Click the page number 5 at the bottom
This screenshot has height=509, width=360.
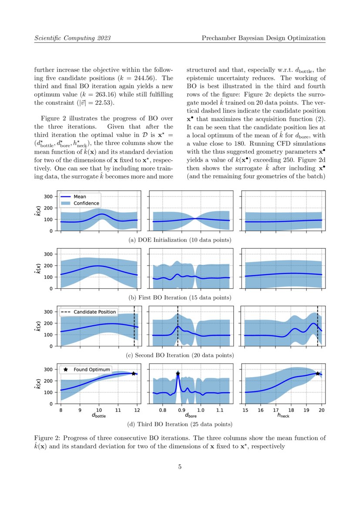179,467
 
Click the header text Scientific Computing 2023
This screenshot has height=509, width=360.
72,38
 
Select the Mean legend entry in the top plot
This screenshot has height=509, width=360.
80,196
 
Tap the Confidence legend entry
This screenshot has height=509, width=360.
86,203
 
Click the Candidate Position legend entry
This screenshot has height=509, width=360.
94,312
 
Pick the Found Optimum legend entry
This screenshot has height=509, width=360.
92,369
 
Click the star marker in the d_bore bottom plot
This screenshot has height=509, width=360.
178,374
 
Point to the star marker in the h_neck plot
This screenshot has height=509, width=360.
318,374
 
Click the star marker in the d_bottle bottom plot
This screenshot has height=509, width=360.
133,373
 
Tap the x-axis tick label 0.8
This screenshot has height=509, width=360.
162,410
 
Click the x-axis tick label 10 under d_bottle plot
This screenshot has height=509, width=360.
99,410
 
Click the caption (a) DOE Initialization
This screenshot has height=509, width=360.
179,240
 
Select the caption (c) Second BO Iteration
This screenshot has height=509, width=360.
179,355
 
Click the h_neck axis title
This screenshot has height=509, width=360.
283,416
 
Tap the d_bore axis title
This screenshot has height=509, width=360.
192,416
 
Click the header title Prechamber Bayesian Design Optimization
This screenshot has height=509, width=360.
264,38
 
